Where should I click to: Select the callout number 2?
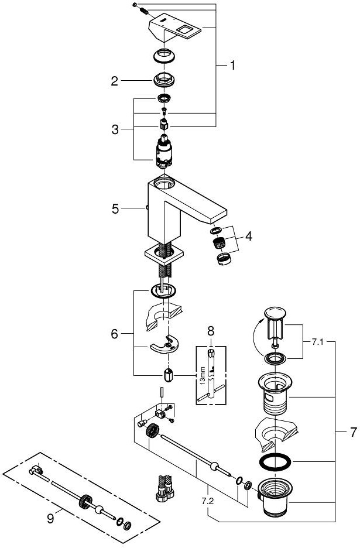115,81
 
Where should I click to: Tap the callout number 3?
115,129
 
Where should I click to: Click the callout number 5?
115,207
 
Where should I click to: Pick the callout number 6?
115,334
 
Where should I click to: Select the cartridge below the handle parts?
164,153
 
